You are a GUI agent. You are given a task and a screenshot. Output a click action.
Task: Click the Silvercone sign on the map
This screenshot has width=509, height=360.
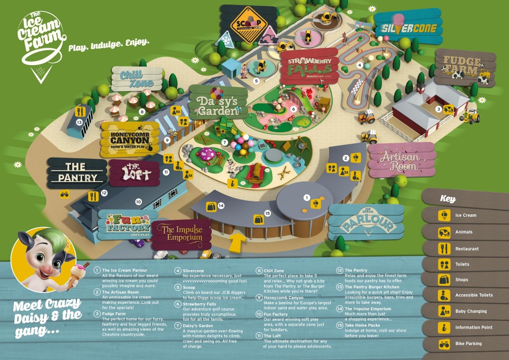pyautogui.click(x=409, y=28)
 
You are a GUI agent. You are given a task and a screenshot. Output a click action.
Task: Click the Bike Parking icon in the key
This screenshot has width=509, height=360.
pyautogui.click(x=444, y=344)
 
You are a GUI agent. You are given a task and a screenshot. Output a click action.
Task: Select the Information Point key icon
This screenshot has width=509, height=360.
pyautogui.click(x=444, y=328)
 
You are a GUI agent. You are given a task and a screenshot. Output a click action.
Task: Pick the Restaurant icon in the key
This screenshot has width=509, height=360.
pyautogui.click(x=444, y=248)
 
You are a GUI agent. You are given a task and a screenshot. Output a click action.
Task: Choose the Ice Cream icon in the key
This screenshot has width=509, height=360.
pyautogui.click(x=444, y=215)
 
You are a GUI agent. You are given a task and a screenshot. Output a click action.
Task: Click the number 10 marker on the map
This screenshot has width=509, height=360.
pyautogui.click(x=139, y=202)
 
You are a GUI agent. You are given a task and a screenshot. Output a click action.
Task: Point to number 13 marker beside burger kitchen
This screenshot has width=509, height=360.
pyautogui.click(x=79, y=122)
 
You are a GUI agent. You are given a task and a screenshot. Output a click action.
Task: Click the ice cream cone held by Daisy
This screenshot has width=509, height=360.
pyautogui.click(x=81, y=271)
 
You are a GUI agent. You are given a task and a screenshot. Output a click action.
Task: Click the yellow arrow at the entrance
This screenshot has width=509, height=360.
pyautogui.click(x=238, y=242)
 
